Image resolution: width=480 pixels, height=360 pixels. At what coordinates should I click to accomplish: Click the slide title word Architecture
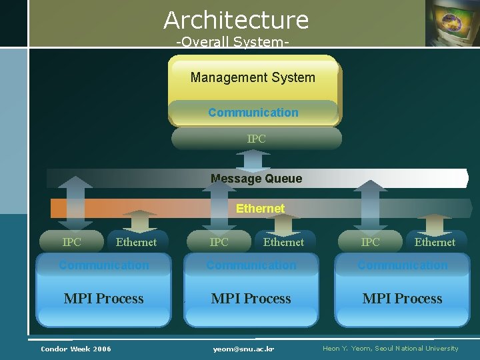236,20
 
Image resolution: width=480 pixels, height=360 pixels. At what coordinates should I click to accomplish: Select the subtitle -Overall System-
232,42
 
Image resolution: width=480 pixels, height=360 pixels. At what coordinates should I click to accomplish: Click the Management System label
253,77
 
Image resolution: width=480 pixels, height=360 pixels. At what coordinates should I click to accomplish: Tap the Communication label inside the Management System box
253,113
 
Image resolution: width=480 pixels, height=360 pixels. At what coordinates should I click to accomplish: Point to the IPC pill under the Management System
256,139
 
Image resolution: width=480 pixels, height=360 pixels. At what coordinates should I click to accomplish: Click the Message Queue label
256,179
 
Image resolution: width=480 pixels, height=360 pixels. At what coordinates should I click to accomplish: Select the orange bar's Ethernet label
260,209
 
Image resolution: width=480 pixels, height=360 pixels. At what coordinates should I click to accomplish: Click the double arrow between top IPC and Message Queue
253,160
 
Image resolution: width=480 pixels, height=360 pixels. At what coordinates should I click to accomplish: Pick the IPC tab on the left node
71,242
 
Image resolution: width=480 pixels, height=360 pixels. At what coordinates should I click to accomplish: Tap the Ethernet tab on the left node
136,242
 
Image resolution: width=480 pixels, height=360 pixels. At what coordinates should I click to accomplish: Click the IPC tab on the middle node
219,242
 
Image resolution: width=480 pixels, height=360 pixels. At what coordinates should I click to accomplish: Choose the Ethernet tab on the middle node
283,242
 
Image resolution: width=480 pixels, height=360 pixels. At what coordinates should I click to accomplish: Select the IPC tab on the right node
370,242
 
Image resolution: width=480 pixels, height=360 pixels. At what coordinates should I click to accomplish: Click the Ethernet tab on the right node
435,242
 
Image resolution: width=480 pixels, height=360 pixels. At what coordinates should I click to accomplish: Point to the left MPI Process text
103,299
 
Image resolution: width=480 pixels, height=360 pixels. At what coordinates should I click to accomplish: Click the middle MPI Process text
251,299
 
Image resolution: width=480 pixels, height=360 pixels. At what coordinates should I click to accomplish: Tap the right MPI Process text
402,299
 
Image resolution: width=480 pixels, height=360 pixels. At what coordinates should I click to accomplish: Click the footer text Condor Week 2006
76,349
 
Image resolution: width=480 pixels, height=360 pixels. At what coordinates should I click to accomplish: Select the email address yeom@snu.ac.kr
244,349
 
